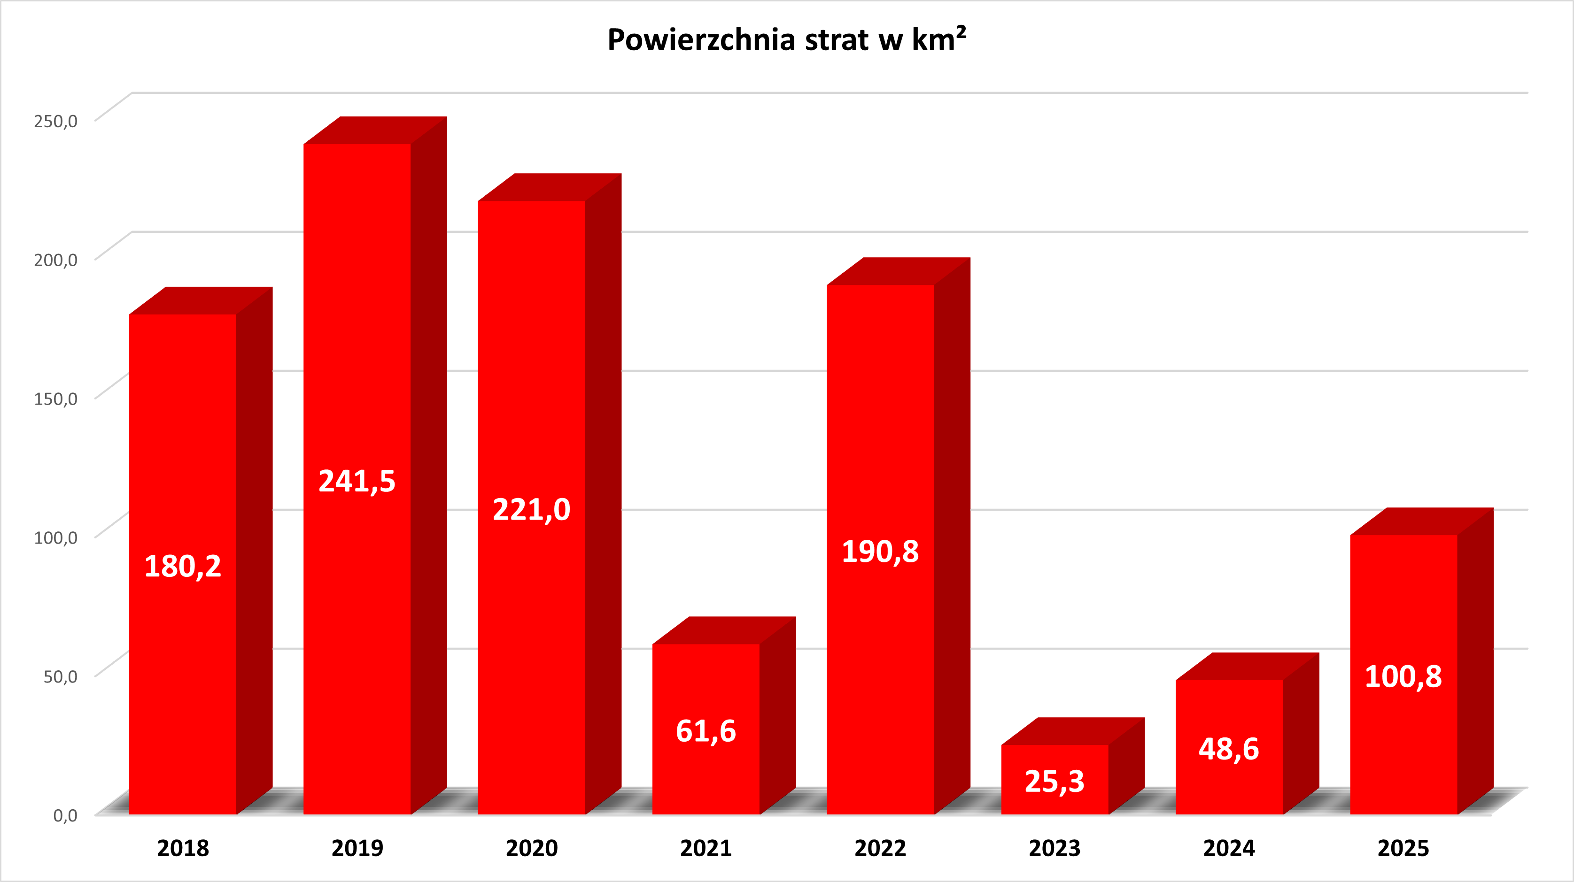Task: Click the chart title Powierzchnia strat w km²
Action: (x=786, y=40)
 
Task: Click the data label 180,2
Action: (x=183, y=566)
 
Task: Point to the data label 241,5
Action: (x=357, y=481)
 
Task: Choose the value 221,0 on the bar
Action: (x=532, y=509)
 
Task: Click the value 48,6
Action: (x=1229, y=749)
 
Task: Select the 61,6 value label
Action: (x=706, y=731)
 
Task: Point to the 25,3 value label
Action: (x=1055, y=781)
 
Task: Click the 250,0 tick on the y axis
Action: (x=55, y=121)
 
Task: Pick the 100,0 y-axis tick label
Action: (x=55, y=537)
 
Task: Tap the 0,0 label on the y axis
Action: (x=65, y=815)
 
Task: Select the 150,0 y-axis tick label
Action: (x=55, y=399)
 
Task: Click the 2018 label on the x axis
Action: (x=183, y=848)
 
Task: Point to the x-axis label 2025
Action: (x=1403, y=848)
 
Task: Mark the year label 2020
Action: (x=532, y=848)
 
